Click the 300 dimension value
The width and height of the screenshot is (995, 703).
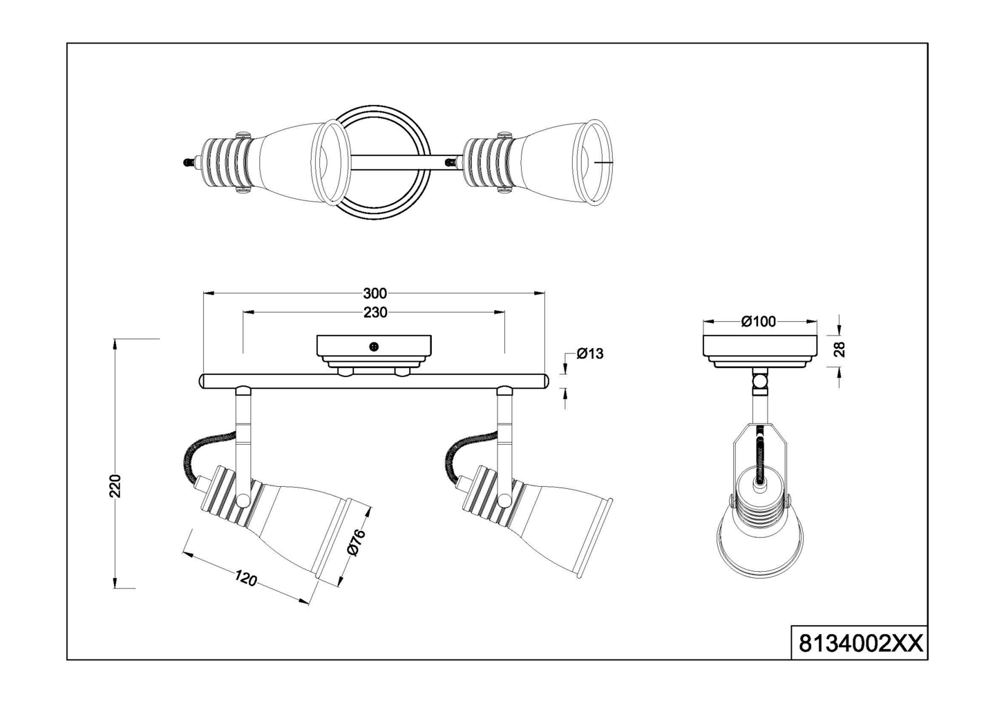[375, 293]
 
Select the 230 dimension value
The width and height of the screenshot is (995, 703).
[375, 313]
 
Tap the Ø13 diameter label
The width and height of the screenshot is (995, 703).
[589, 354]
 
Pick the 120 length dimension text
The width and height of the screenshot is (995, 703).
[245, 579]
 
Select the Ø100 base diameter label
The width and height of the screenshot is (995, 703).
[758, 321]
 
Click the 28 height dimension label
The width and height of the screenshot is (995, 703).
[840, 349]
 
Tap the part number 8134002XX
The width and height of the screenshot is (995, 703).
[860, 644]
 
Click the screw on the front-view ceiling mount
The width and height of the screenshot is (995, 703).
[374, 347]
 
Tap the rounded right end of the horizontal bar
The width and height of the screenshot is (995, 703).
[544, 381]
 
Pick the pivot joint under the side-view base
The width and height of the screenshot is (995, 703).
[760, 381]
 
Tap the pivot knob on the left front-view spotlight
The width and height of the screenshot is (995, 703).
[243, 500]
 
